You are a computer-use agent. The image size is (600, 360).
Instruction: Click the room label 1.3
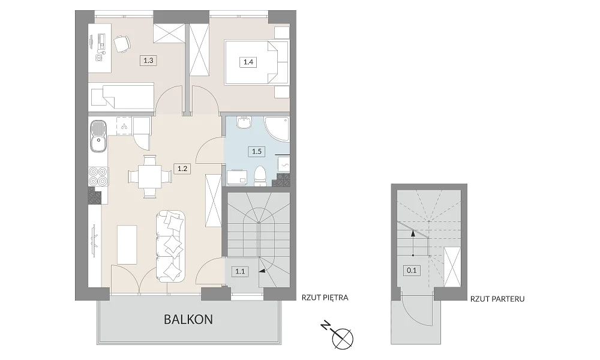click(148, 60)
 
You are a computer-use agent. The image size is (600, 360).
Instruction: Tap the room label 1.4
click(248, 62)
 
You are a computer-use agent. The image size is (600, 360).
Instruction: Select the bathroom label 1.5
click(256, 151)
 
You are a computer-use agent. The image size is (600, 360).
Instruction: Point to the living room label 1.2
click(182, 169)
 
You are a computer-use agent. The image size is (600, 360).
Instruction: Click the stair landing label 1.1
click(240, 272)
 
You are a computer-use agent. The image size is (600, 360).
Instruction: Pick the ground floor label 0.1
click(412, 271)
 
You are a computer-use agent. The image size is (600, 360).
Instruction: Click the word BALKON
click(188, 319)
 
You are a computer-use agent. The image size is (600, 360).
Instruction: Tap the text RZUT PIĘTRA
click(325, 298)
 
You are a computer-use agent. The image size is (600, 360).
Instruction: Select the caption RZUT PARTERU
click(497, 299)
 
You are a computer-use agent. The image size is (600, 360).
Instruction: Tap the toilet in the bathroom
click(260, 176)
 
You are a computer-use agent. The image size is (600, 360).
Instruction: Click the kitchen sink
click(98, 136)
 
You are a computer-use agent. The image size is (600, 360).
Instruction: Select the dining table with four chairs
click(149, 176)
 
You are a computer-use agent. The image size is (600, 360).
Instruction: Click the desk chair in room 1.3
click(122, 44)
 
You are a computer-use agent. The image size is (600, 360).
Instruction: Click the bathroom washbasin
click(244, 122)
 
